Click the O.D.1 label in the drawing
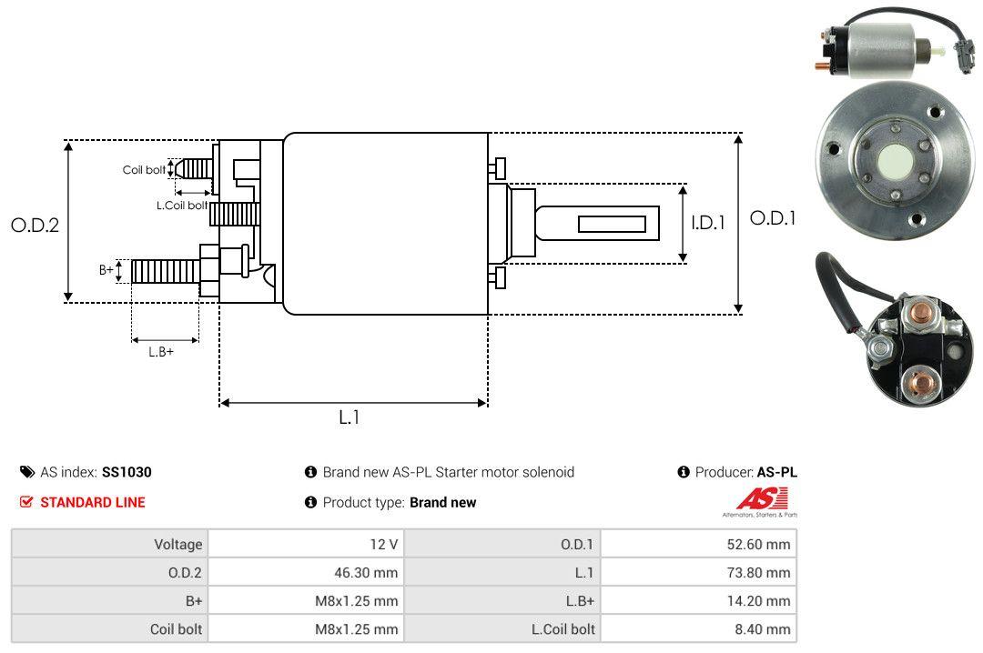tap(773, 218)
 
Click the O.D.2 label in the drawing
tap(35, 226)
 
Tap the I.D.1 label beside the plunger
tap(708, 222)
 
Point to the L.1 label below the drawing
tap(350, 417)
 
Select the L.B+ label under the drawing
tap(161, 351)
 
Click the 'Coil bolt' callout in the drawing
tap(144, 170)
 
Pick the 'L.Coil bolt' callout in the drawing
tap(181, 206)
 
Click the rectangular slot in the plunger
tap(612, 224)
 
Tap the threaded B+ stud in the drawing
tap(165, 270)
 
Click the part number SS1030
tap(127, 472)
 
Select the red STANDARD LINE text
tap(92, 502)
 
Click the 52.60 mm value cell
tap(765, 545)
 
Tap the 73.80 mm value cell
tap(765, 573)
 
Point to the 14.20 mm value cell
tap(765, 601)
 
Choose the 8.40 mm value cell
tap(769, 629)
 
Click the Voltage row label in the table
tap(177, 545)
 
